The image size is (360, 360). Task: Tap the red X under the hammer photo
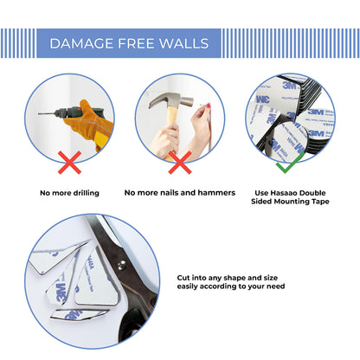coord(179,162)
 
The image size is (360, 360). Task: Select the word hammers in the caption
coord(216,192)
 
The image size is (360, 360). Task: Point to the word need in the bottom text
coord(275,286)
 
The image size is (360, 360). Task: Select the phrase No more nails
coord(153,192)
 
